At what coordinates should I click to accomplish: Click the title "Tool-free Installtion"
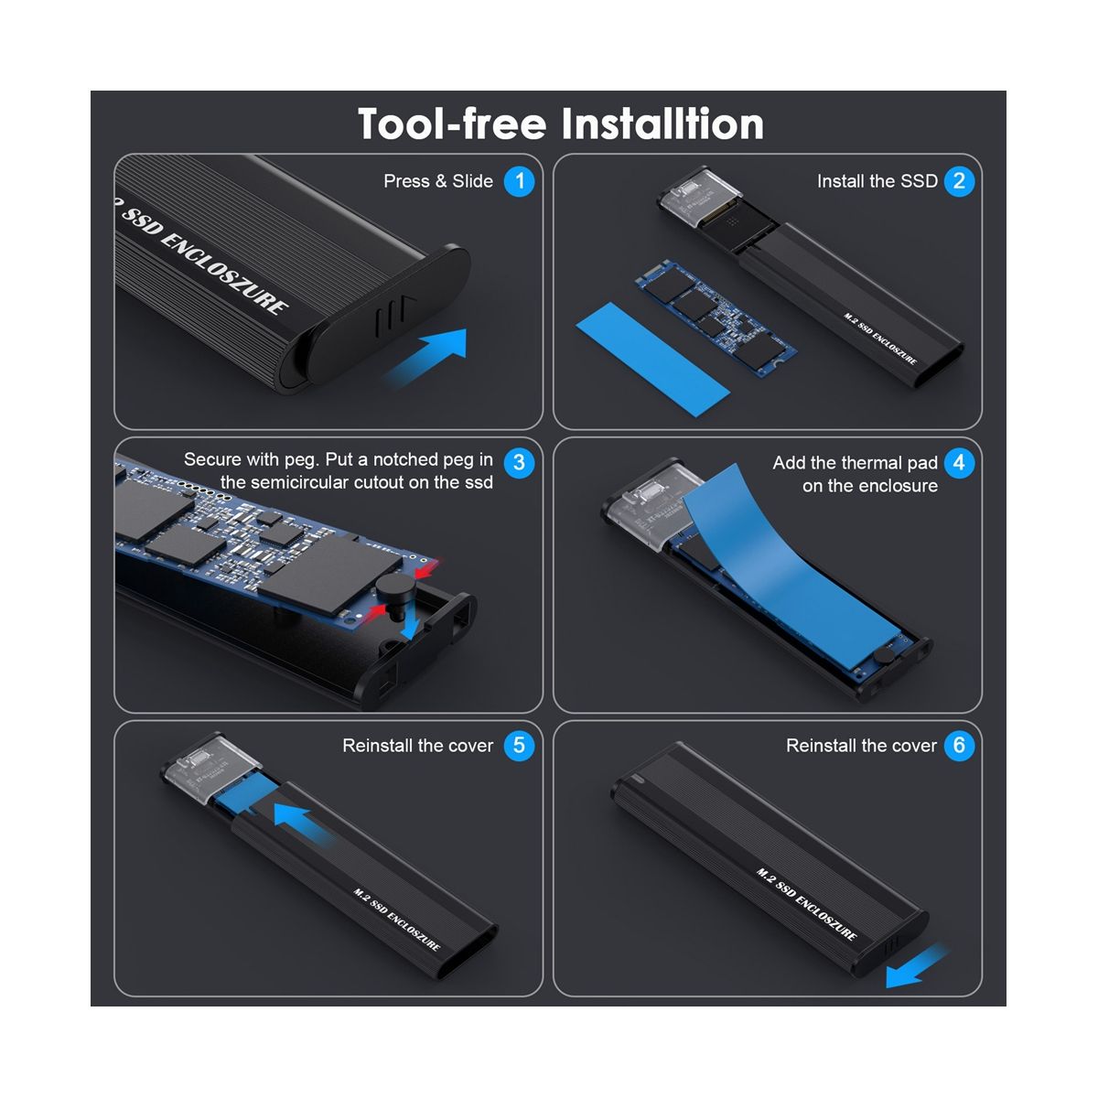560,124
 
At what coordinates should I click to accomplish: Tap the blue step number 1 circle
519,181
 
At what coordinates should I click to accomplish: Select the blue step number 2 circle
959,181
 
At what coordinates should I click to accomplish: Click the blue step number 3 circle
519,462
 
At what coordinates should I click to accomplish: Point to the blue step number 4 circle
959,462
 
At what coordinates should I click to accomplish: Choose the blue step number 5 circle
519,746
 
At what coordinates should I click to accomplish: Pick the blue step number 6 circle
959,746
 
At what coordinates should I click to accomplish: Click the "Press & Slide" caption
438,181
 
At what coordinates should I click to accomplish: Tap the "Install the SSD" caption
877,181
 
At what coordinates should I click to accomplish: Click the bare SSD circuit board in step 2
716,318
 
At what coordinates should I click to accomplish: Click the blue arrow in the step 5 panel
302,823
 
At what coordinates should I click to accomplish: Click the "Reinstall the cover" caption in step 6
861,746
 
